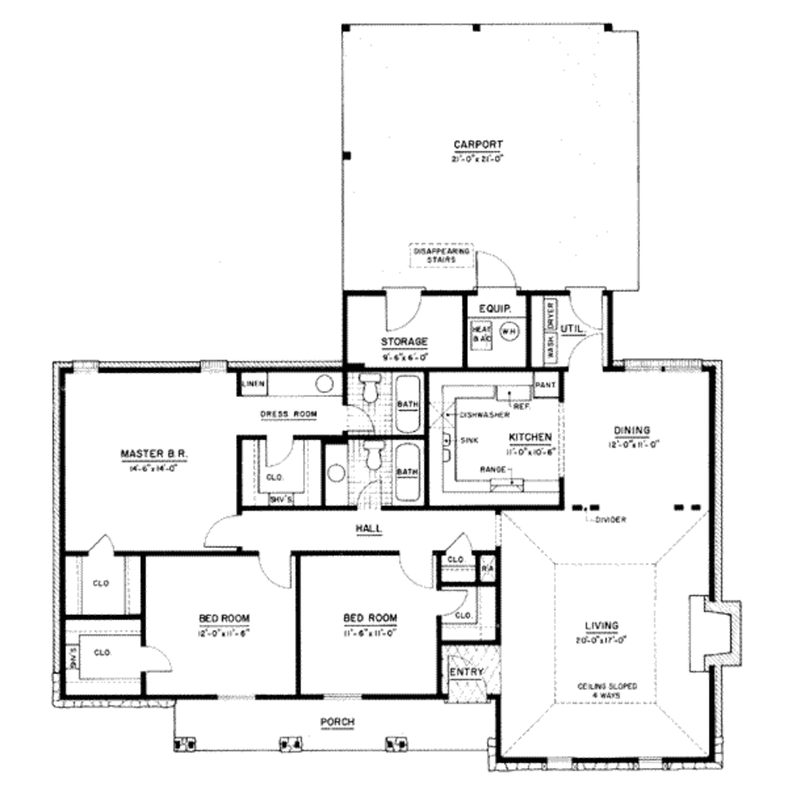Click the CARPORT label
point(478,144)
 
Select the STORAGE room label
point(404,342)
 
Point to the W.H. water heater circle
point(509,331)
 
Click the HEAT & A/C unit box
point(482,332)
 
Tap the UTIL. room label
point(573,329)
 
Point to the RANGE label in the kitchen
point(492,469)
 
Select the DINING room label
point(633,429)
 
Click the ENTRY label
point(467,672)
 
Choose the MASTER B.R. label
point(154,454)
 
